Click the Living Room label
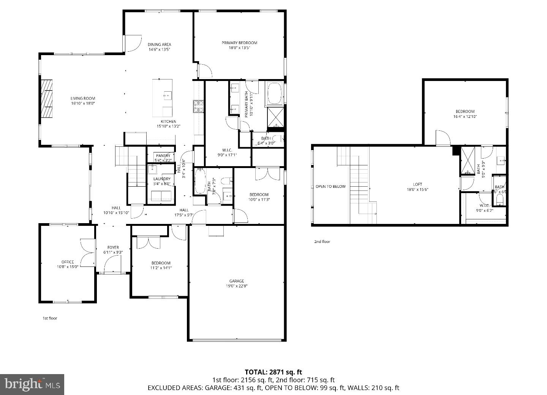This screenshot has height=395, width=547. (82, 98)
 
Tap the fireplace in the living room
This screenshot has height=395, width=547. (47, 99)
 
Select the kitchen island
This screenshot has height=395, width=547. (163, 98)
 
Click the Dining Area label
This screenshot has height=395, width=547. (159, 44)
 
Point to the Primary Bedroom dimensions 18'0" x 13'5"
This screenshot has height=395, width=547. (239, 48)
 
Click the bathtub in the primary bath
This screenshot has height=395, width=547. (273, 93)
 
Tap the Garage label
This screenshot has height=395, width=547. (236, 281)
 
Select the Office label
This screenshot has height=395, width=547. (68, 262)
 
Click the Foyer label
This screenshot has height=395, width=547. (113, 247)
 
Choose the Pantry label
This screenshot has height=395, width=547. (163, 156)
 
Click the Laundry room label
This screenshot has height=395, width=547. (162, 179)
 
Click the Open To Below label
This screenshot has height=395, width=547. (330, 186)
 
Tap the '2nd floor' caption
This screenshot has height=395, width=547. (322, 241)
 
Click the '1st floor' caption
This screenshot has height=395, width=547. (49, 318)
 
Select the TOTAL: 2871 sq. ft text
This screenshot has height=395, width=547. (273, 372)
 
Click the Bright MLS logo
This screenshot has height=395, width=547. (32, 384)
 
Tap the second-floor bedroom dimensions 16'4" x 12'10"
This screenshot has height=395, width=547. (465, 117)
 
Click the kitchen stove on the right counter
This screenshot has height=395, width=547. (198, 107)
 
